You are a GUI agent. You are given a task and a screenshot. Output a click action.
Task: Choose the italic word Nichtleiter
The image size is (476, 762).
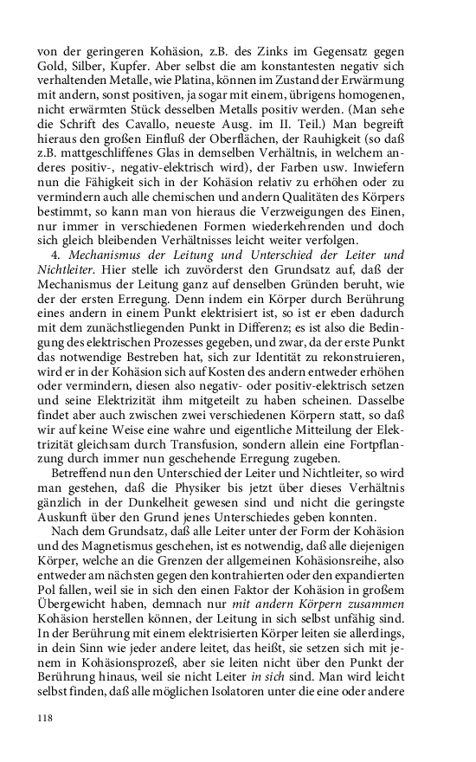65,271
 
